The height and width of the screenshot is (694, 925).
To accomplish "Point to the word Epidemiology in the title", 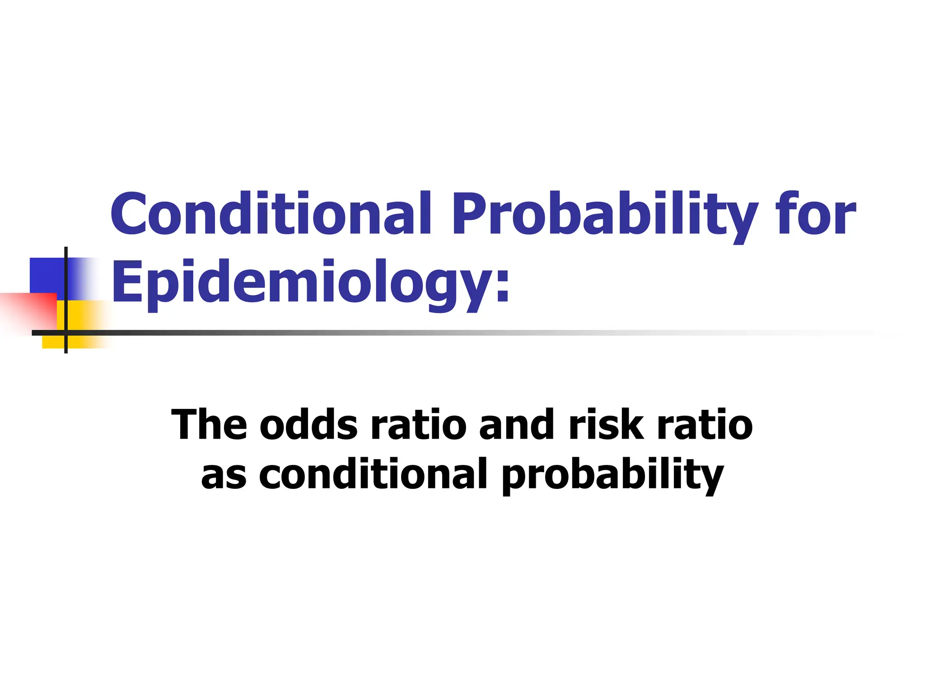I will (x=303, y=282).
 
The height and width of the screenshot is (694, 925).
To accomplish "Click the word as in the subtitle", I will (x=224, y=474).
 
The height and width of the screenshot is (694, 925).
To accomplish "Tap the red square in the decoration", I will (x=32, y=312).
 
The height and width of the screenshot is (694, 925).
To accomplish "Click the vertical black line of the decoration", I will (x=66, y=271).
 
